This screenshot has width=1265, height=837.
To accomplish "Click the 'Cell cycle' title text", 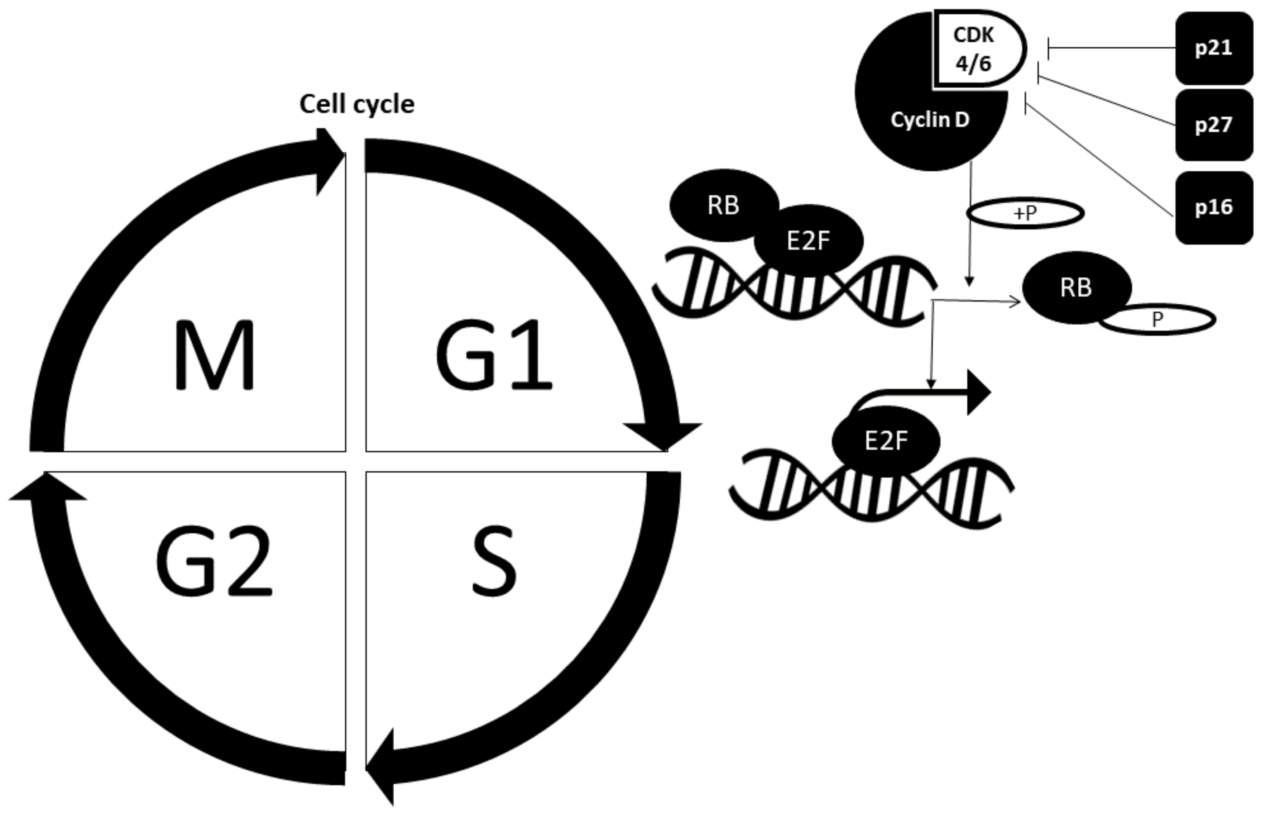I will [356, 104].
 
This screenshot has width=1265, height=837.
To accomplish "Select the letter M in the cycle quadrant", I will [215, 356].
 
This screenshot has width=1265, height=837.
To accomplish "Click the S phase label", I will [494, 561].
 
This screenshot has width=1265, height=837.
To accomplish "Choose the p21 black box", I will [1213, 48].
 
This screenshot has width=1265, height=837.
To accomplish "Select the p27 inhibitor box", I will [1213, 125].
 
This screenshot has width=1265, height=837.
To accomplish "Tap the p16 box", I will [1213, 207].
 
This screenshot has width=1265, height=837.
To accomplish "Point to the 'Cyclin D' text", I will [929, 120].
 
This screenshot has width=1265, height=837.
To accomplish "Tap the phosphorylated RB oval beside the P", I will [1075, 287].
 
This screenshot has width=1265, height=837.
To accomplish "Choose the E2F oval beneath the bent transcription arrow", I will [886, 441].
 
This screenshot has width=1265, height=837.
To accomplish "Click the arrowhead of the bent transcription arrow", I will [978, 393].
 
